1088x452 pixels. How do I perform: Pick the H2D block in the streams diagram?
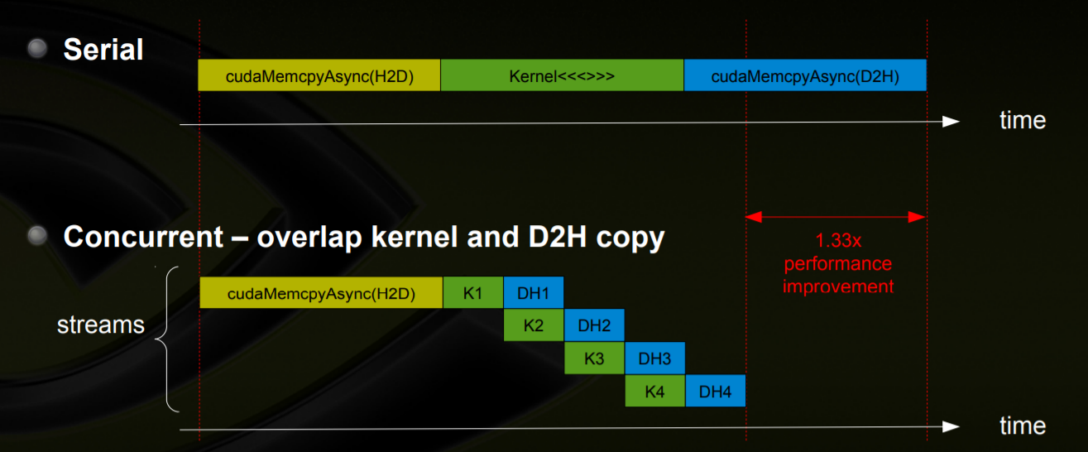[x=321, y=292]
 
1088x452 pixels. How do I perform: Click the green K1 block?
[x=473, y=292]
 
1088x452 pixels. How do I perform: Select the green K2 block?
[x=534, y=325]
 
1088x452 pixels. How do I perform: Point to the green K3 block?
[x=594, y=358]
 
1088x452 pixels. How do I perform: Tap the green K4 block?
[x=654, y=391]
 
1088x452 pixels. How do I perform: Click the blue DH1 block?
[x=534, y=292]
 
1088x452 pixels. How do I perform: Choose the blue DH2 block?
[x=594, y=325]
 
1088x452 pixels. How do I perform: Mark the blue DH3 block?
[x=654, y=358]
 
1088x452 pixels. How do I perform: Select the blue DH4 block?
[x=715, y=391]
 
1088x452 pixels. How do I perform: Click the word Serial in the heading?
[x=103, y=50]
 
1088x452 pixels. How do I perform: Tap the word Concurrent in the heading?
[x=143, y=238]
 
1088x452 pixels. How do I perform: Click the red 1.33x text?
[x=837, y=242]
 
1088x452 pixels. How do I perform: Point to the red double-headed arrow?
[x=836, y=217]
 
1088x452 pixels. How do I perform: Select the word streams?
[x=101, y=325]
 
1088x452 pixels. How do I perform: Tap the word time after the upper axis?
[x=1023, y=121]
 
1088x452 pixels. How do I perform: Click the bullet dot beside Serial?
[x=37, y=49]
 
